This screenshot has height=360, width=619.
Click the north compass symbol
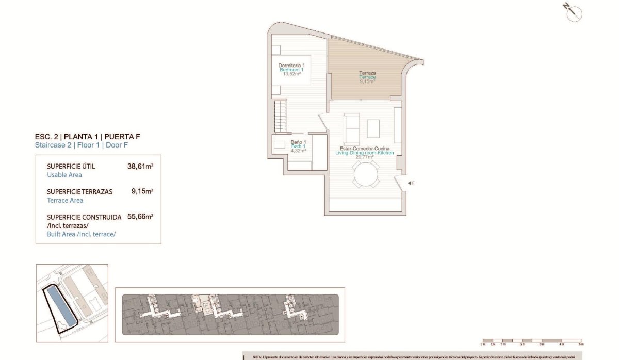point(573,13)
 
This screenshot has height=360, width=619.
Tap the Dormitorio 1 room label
point(292,66)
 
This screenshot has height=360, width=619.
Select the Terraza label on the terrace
point(367,73)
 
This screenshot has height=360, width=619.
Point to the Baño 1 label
point(299,142)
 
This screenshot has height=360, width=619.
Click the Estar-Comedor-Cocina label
point(364,149)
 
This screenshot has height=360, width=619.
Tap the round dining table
point(366,174)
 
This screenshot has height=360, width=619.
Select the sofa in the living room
point(352,128)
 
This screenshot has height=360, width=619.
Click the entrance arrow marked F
point(410,183)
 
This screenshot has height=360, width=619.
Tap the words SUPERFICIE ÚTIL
point(71,167)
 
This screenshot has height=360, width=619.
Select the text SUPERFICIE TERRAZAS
point(79,192)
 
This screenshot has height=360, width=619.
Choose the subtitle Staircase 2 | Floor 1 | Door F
point(82,145)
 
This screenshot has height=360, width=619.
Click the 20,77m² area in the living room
point(364,157)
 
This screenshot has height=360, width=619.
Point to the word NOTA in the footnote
point(257,357)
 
